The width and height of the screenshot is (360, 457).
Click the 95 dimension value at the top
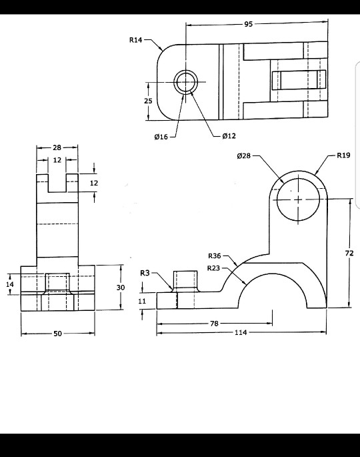(x=248, y=24)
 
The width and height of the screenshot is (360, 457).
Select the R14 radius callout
(x=135, y=41)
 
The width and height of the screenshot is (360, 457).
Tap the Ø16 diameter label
(x=161, y=137)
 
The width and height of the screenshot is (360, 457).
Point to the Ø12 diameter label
(x=228, y=136)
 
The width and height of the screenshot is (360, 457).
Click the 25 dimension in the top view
(x=148, y=101)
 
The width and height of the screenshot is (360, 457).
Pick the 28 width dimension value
(x=57, y=147)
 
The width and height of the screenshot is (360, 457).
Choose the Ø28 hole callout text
(x=244, y=155)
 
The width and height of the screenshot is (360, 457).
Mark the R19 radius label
(x=343, y=155)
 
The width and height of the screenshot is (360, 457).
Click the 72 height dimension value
(x=349, y=253)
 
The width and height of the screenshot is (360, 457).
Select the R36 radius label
(x=214, y=256)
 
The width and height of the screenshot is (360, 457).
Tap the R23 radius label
(x=213, y=268)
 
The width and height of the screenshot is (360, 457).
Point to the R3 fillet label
(x=145, y=273)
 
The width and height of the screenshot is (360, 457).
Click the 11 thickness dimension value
(x=142, y=301)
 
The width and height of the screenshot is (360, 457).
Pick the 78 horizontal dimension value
(x=215, y=324)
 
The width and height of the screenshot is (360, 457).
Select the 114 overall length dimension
(x=241, y=332)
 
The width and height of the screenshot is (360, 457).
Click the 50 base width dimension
(x=57, y=334)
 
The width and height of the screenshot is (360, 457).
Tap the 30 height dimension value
(x=121, y=287)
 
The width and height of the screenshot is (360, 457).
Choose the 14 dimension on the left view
(x=10, y=285)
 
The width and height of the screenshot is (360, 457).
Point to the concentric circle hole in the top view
(x=186, y=82)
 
